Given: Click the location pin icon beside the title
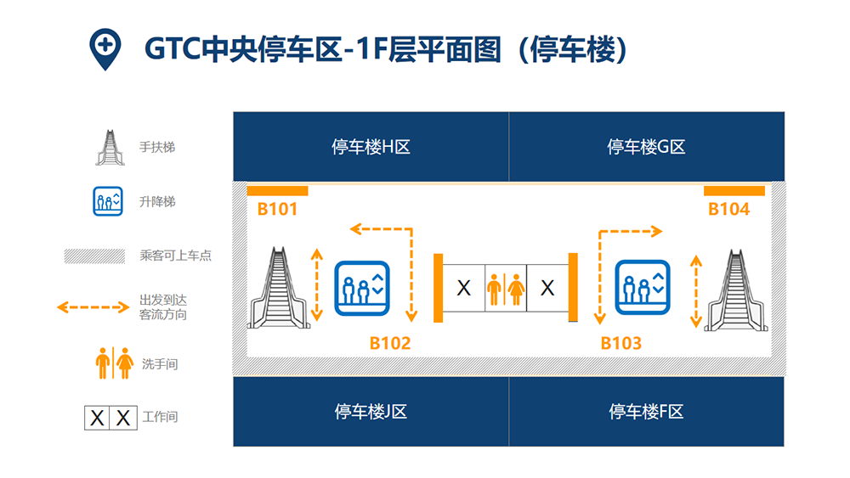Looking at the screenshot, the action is coord(105,48).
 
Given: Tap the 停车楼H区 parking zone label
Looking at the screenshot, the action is coord(371,147).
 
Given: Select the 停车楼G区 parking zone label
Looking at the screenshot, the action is coord(646,147).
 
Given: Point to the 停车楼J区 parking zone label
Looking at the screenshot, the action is coord(371,412).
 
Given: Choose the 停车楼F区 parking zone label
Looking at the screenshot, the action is coord(646,412).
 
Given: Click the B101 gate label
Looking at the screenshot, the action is coord(277,209).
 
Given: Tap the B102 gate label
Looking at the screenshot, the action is coord(390,343).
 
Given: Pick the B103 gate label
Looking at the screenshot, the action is coord(621,343).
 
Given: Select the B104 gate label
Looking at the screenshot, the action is coord(729,209).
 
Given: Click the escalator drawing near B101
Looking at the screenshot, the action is coord(279,288).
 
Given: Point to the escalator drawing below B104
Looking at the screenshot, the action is coord(735,290).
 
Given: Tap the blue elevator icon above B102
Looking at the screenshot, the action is coord(362,288).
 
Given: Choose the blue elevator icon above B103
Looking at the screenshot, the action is coord(643,288).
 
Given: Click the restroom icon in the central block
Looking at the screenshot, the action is coord(505,289).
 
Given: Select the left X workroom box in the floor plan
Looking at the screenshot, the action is coord(463,288).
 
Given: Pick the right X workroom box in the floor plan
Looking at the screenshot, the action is coord(547,288).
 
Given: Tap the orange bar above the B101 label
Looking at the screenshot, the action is coord(278,190).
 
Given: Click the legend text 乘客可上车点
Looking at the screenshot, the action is coord(176,255).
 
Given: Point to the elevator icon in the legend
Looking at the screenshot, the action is coord(108,201).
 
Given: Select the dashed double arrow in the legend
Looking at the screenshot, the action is coord(93,307).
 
